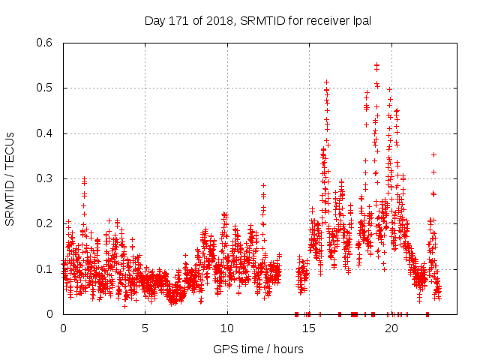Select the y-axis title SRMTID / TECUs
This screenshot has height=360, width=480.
(x=10, y=178)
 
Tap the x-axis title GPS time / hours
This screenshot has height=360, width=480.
(x=258, y=349)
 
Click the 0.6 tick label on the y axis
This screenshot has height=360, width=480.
(x=47, y=43)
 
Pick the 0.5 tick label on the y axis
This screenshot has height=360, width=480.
(x=47, y=88)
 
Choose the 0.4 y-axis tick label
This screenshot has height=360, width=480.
(x=47, y=133)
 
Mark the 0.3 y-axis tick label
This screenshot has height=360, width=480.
(x=47, y=178)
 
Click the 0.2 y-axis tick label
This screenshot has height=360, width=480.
(x=47, y=223)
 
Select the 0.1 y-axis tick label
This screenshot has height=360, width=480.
(x=47, y=268)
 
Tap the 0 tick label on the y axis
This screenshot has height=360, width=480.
(x=53, y=313)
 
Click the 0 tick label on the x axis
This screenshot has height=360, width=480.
(x=63, y=328)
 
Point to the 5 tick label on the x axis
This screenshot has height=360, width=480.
(x=145, y=328)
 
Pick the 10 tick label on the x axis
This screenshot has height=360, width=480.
(x=227, y=328)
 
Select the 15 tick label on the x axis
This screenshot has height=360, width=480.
(x=310, y=328)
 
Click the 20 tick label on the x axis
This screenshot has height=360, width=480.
(x=391, y=328)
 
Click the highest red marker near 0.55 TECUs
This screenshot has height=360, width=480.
(x=376, y=65)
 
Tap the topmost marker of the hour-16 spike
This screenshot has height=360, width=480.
(x=326, y=82)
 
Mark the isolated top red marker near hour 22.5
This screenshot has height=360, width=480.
(x=433, y=154)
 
